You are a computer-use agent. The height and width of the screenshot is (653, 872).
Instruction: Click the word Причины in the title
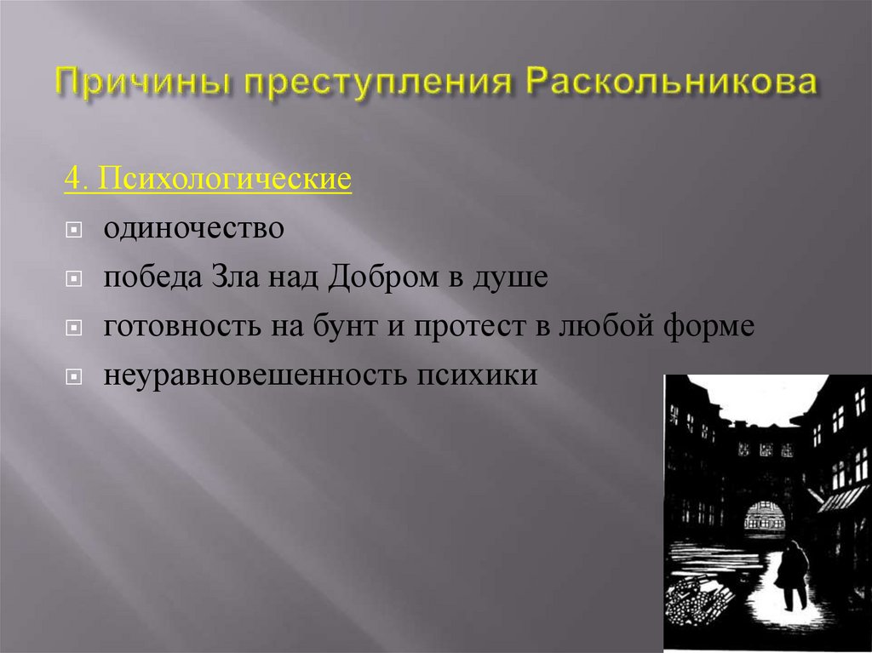(142, 85)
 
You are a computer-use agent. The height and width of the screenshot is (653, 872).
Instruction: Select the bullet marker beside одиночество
(74, 231)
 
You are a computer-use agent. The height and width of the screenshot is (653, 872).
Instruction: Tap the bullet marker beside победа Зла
(74, 279)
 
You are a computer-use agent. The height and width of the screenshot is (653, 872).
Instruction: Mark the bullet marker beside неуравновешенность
(74, 376)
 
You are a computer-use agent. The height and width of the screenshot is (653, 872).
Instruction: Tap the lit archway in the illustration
(765, 514)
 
